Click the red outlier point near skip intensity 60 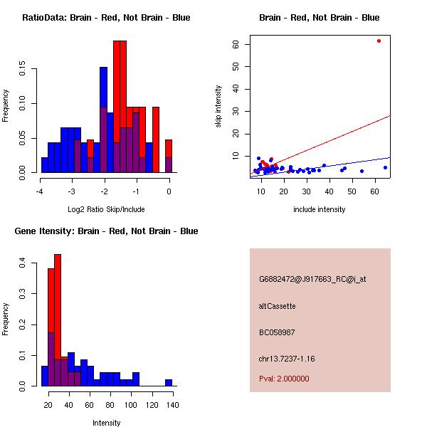click(379, 41)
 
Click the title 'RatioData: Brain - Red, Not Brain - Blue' click(106, 17)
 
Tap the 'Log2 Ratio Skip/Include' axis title click(106, 209)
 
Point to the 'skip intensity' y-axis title click(218, 107)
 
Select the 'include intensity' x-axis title click(320, 209)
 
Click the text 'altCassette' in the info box click(277, 306)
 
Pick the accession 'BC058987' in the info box click(277, 332)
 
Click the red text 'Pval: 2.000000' click(284, 379)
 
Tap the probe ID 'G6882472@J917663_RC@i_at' click(312, 280)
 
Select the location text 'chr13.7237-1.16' click(286, 359)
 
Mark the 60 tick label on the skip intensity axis click(236, 44)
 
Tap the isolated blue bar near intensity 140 click(169, 382)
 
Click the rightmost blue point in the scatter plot click(385, 168)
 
